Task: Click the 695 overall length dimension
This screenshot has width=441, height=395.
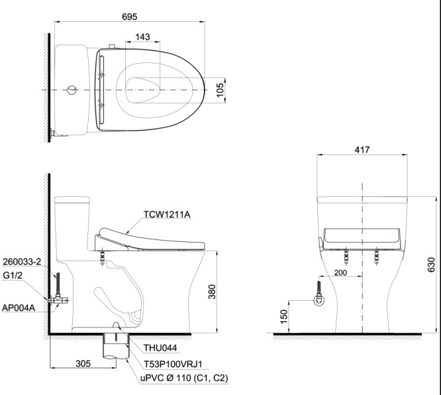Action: pos(129,17)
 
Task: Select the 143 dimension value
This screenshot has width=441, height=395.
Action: pos(142,37)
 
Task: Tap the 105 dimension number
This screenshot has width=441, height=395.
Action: pos(220,90)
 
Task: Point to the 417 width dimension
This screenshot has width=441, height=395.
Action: pos(362,150)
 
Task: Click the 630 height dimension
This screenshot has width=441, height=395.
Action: pos(431,264)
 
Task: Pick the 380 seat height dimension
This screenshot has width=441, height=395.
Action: pos(212,292)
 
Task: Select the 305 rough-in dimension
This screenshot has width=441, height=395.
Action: pos(83,363)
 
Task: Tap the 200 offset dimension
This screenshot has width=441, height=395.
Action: pos(340,272)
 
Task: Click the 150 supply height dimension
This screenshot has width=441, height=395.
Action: pos(284,316)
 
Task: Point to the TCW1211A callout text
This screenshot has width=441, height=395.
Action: pos(167,215)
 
